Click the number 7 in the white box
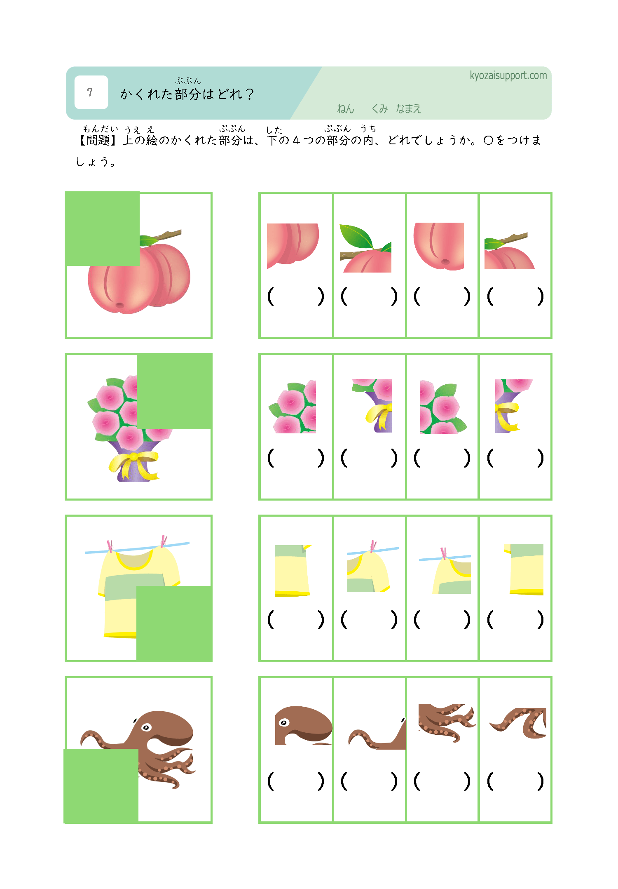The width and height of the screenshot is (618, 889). (90, 92)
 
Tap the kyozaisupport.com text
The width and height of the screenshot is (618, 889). (508, 75)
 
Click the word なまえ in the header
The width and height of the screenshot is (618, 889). (408, 109)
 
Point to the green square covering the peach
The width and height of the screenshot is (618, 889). (102, 229)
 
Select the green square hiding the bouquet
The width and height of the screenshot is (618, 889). (175, 391)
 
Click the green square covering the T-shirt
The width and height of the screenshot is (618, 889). (174, 623)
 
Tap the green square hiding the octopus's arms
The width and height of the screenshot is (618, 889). (101, 786)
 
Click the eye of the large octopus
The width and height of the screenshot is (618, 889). (146, 727)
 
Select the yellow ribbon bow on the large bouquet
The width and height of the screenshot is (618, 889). (133, 465)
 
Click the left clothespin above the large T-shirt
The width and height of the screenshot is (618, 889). (110, 546)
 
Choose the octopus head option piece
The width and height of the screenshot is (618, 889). (304, 725)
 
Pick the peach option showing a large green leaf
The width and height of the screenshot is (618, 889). (365, 248)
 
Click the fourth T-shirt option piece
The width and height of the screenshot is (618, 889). (524, 569)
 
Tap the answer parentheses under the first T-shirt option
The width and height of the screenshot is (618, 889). (295, 619)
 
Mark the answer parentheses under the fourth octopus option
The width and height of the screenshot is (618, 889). (515, 781)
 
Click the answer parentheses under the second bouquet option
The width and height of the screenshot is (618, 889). (369, 458)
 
